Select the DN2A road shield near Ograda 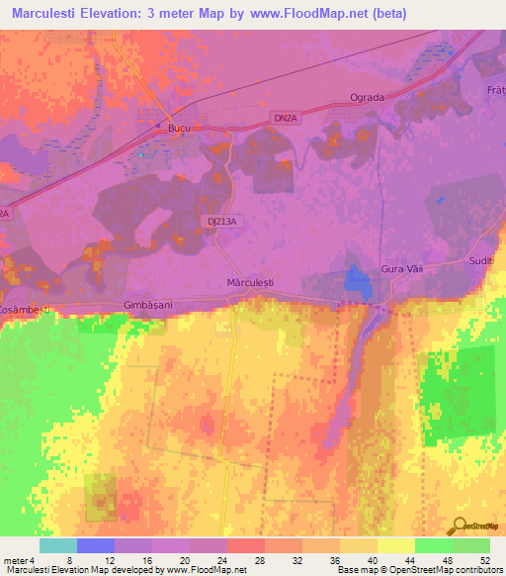pos(284,118)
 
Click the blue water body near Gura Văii pos(354,281)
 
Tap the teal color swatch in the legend pos(58,545)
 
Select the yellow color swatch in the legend pos(395,545)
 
